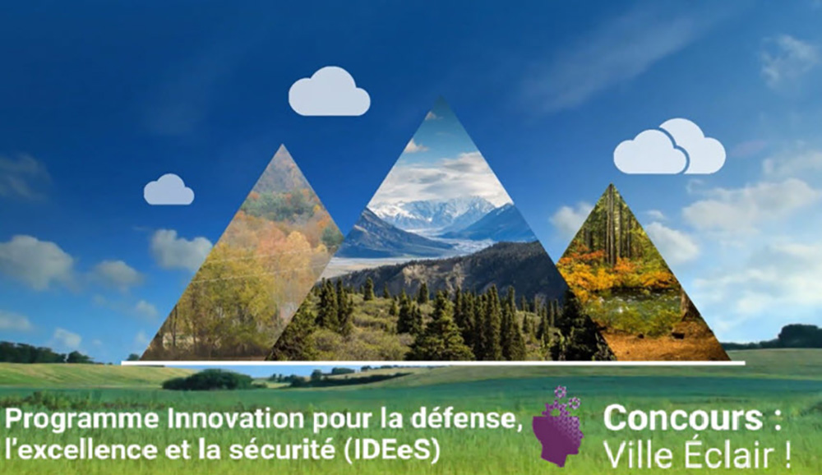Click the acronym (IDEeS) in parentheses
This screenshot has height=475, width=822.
pyautogui.click(x=392, y=450)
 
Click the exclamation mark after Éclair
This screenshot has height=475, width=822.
pyautogui.click(x=788, y=455)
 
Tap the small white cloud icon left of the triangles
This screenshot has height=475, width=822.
pyautogui.click(x=169, y=189)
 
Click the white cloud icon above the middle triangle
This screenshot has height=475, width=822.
pyautogui.click(x=330, y=91)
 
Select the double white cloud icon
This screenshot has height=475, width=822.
pyautogui.click(x=669, y=146)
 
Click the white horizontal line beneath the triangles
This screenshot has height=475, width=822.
pyautogui.click(x=433, y=362)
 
